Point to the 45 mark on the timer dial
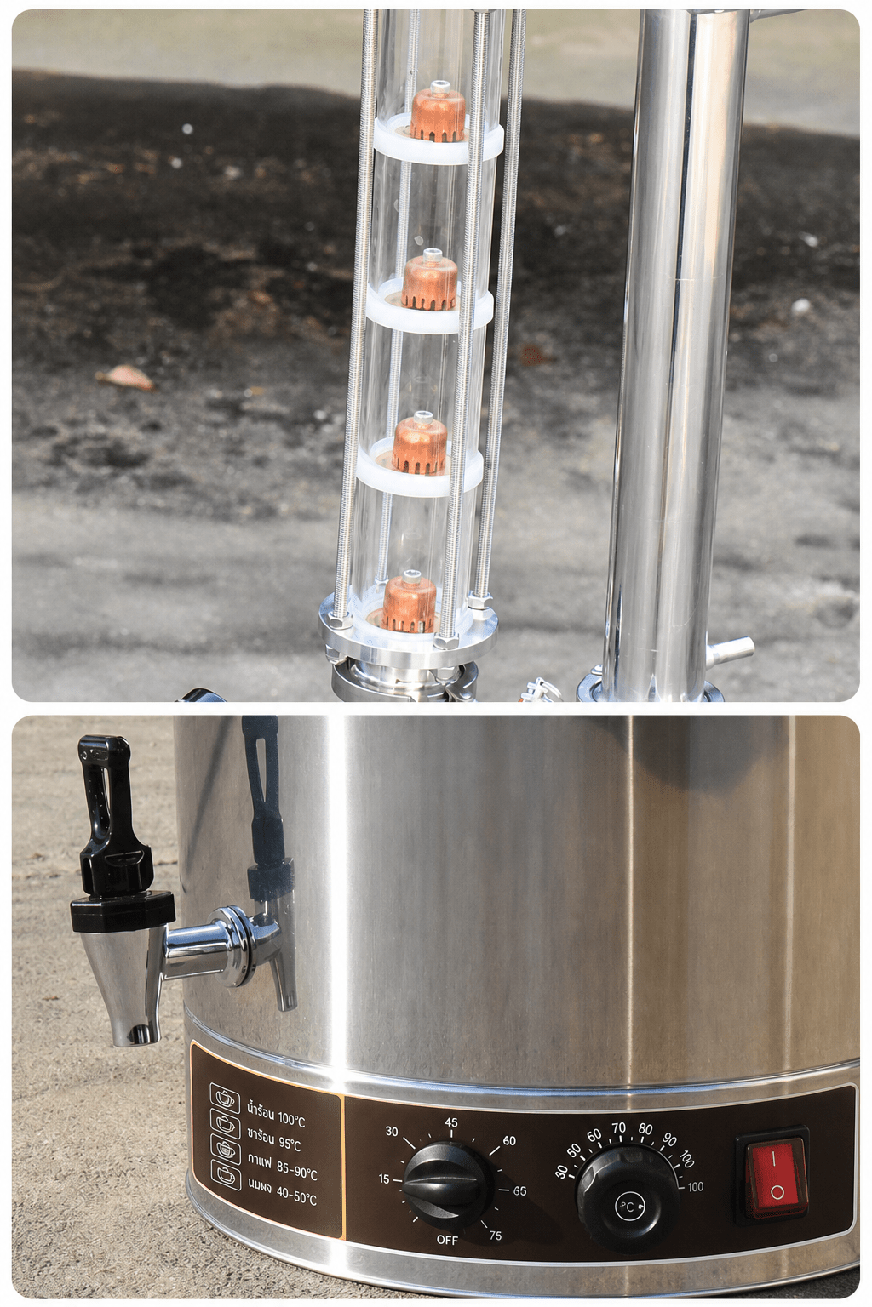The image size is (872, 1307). pos(450,1122)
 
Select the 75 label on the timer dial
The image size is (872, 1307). pos(496,1235)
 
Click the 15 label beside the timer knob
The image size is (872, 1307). pos(384,1179)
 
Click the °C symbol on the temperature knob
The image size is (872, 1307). pos(628,1207)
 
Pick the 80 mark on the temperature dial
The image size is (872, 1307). pos(645,1128)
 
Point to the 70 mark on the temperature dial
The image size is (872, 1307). pos(619,1128)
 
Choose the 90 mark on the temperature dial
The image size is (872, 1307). pos(669,1139)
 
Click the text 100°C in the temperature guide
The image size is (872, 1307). pos(291,1119)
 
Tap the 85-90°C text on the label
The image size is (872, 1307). pos(296,1172)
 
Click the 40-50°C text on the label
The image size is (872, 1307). pos(296,1198)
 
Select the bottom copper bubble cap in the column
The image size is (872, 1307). pos(409,602)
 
